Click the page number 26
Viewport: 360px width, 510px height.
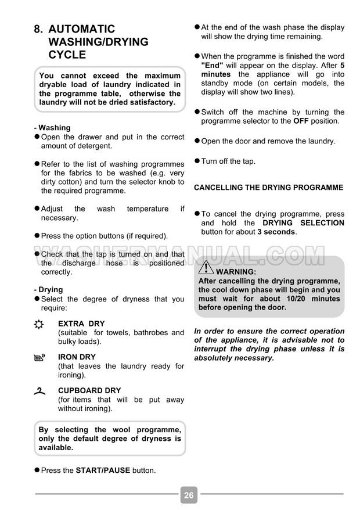pyautogui.click(x=189, y=495)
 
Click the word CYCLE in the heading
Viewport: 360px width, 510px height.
pyautogui.click(x=67, y=55)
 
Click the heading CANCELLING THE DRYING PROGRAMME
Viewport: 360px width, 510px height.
pyautogui.click(x=268, y=188)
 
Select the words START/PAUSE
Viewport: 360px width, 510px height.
pyautogui.click(x=103, y=470)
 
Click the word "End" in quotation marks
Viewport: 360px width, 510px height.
pyautogui.click(x=213, y=66)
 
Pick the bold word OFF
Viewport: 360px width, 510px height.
pyautogui.click(x=301, y=121)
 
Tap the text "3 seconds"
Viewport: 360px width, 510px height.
pyautogui.click(x=276, y=232)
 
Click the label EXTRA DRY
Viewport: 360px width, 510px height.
pyautogui.click(x=81, y=324)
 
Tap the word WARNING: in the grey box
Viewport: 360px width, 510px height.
pyautogui.click(x=235, y=271)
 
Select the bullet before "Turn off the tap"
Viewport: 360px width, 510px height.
pyautogui.click(x=197, y=161)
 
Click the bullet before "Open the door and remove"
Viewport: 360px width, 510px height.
pyautogui.click(x=197, y=141)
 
